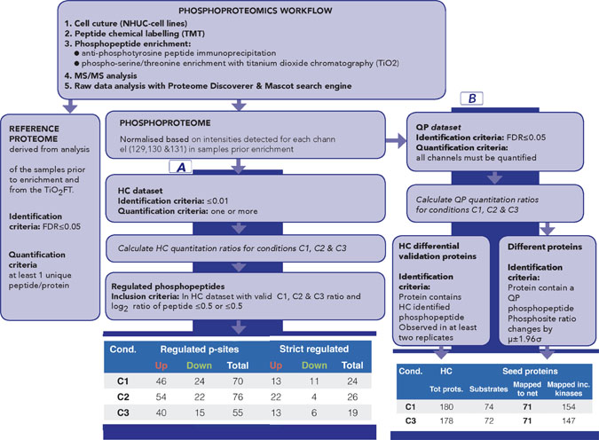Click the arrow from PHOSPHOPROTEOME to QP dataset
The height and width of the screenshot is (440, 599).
coord(390,139)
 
